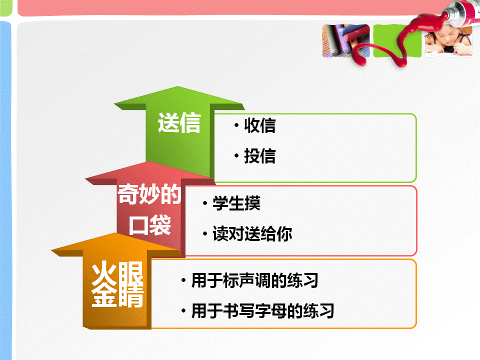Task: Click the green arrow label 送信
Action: click(179, 122)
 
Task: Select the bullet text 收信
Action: click(260, 125)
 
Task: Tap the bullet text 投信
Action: click(260, 156)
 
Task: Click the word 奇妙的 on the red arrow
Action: click(149, 194)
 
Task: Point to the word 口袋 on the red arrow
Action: click(149, 225)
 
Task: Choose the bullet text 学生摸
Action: click(236, 203)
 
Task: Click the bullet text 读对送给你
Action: click(252, 234)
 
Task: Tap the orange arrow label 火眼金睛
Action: click(117, 284)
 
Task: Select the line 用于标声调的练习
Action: click(255, 280)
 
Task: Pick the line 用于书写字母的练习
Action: click(262, 311)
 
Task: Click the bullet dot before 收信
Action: click(236, 125)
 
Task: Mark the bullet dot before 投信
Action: click(236, 155)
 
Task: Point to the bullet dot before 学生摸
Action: click(205, 203)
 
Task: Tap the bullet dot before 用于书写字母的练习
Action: click(183, 310)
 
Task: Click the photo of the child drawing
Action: click(448, 41)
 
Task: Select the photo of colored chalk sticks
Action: click(346, 40)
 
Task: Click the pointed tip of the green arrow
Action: click(178, 86)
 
